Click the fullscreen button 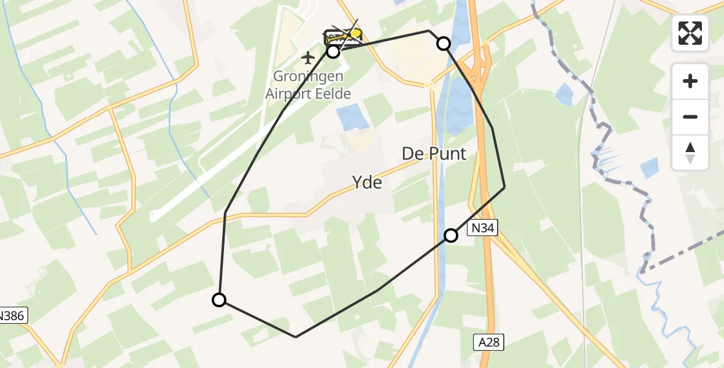(x=690, y=33)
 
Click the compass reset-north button (x=690, y=152)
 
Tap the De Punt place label (x=434, y=153)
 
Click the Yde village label (x=367, y=182)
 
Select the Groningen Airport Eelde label (x=308, y=86)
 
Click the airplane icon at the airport (x=307, y=58)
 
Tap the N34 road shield (x=482, y=228)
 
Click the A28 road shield (x=489, y=342)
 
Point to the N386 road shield (x=10, y=316)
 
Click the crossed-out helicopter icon (x=344, y=36)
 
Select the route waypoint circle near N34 (x=451, y=235)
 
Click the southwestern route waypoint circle (x=219, y=300)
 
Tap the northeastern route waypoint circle (x=443, y=43)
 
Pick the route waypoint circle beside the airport (x=333, y=52)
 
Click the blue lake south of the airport (x=349, y=117)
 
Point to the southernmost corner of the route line (x=296, y=337)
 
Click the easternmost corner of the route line (x=504, y=186)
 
